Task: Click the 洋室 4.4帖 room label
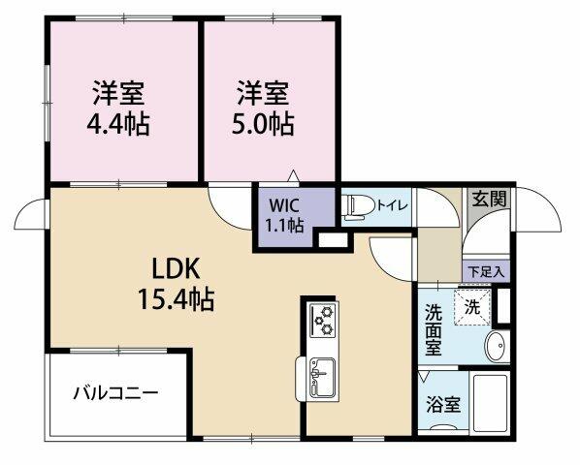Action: (118, 108)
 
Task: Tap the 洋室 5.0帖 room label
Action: (263, 108)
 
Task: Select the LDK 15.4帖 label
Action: (177, 285)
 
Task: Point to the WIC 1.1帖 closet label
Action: (284, 216)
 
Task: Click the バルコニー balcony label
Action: (115, 393)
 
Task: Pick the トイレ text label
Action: (392, 205)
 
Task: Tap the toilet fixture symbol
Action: (358, 205)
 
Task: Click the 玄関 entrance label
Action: (489, 200)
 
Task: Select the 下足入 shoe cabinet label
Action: (486, 272)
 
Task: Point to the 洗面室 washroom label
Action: (434, 329)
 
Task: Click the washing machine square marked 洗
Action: (472, 307)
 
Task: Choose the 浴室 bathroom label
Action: (443, 405)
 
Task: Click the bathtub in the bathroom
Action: (491, 403)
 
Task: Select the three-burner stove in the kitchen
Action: (323, 320)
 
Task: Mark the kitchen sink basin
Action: (323, 378)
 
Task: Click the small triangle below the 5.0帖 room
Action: (293, 175)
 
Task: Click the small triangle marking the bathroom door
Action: (423, 377)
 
